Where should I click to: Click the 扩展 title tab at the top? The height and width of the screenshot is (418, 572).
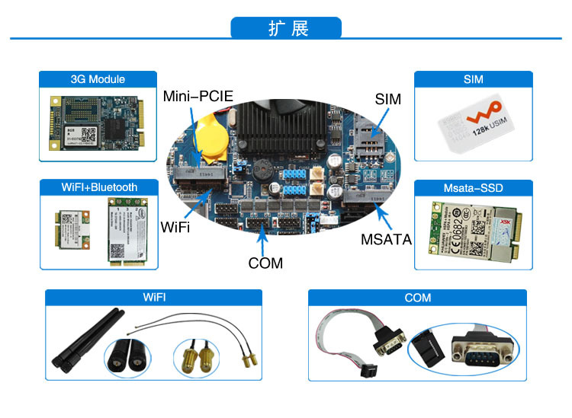click(286, 29)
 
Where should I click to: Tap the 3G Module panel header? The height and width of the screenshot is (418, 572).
click(98, 79)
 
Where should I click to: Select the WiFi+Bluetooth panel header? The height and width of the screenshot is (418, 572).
click(99, 187)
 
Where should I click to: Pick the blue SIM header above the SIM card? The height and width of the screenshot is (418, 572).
click(473, 79)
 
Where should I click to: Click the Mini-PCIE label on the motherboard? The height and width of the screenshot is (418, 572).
click(198, 97)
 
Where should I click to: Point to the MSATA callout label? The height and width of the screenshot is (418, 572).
click(386, 239)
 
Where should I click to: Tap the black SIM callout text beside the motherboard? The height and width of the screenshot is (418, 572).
click(387, 100)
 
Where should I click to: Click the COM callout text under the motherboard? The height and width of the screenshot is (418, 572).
click(265, 263)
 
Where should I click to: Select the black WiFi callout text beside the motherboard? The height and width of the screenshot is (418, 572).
click(176, 227)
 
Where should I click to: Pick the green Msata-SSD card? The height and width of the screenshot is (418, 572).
click(472, 231)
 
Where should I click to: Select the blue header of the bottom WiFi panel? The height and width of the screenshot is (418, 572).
click(153, 298)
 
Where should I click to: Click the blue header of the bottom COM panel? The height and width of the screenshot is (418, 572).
click(417, 298)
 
